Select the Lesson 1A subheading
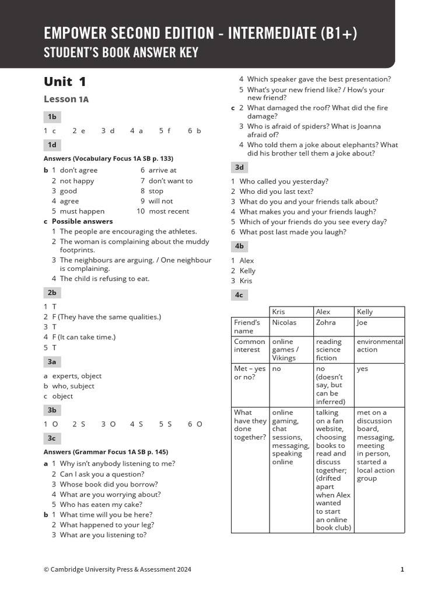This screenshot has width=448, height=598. pyautogui.click(x=66, y=99)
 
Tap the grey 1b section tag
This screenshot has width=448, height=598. pyautogui.click(x=52, y=117)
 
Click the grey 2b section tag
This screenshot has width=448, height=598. pyautogui.click(x=52, y=293)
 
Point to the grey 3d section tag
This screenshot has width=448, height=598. pyautogui.click(x=239, y=168)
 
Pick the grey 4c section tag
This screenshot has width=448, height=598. pyautogui.click(x=239, y=295)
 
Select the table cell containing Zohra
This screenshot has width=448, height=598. pyautogui.click(x=325, y=322)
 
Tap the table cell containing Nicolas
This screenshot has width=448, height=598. pyautogui.click(x=284, y=322)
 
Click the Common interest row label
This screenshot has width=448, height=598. pyautogui.click(x=250, y=345)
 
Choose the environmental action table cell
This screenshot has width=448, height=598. pyautogui.click(x=380, y=345)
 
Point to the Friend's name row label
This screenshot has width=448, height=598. pyautogui.click(x=247, y=326)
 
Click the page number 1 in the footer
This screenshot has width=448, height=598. pyautogui.click(x=402, y=569)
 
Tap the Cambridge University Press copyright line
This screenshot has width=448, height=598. pyautogui.click(x=117, y=569)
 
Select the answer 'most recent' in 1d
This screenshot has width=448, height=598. pyautogui.click(x=169, y=211)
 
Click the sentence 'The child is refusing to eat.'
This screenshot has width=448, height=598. pyautogui.click(x=104, y=279)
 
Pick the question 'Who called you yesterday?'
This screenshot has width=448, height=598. pyautogui.click(x=283, y=182)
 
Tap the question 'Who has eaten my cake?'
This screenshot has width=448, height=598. pyautogui.click(x=101, y=505)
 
